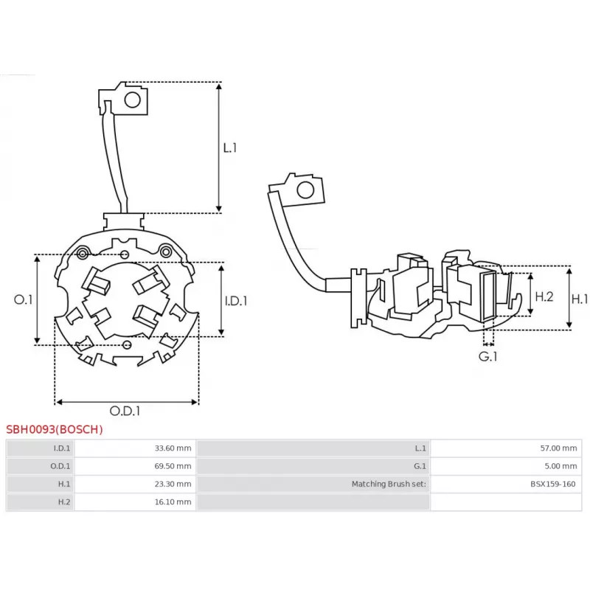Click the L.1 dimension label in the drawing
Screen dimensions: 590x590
230,147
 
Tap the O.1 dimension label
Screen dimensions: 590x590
24,299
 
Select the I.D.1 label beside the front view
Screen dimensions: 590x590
235,300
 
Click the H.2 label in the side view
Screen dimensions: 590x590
544,296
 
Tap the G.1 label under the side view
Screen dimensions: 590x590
488,356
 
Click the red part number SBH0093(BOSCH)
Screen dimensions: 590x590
55,429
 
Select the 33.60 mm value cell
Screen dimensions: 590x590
174,448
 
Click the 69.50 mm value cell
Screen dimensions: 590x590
174,466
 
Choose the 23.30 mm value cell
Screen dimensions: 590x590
174,485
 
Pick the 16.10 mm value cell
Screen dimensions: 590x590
174,502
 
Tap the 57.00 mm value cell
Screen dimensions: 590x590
559,448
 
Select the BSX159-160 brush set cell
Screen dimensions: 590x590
553,485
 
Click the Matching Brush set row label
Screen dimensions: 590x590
389,485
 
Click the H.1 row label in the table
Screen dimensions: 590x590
63,485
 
